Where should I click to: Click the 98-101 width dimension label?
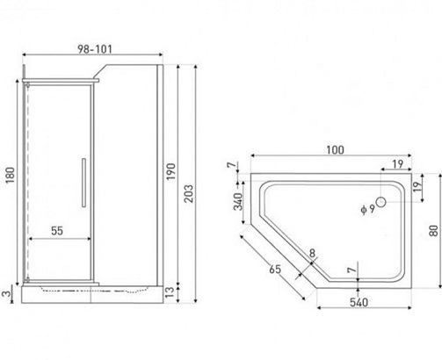point(95,49)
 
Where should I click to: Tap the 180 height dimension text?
point(11,175)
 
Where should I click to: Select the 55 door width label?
point(57,231)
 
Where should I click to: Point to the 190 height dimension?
point(170,171)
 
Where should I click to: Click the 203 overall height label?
point(189,193)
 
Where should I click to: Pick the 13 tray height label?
point(170,292)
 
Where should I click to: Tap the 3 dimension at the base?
point(6,293)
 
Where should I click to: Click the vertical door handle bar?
point(83,183)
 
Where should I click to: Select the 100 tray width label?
point(335,150)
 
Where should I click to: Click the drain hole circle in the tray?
point(380,202)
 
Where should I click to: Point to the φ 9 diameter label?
point(368,209)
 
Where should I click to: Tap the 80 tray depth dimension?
point(433,231)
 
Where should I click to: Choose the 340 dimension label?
point(239,202)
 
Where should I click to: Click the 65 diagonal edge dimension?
point(275,269)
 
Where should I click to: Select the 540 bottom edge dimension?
point(359,302)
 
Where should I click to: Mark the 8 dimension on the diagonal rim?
point(312,253)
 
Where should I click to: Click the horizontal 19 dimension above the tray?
point(398,164)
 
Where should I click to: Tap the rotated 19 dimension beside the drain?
point(417,186)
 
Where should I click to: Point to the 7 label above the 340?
point(231,165)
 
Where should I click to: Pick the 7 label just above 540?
point(351,270)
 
